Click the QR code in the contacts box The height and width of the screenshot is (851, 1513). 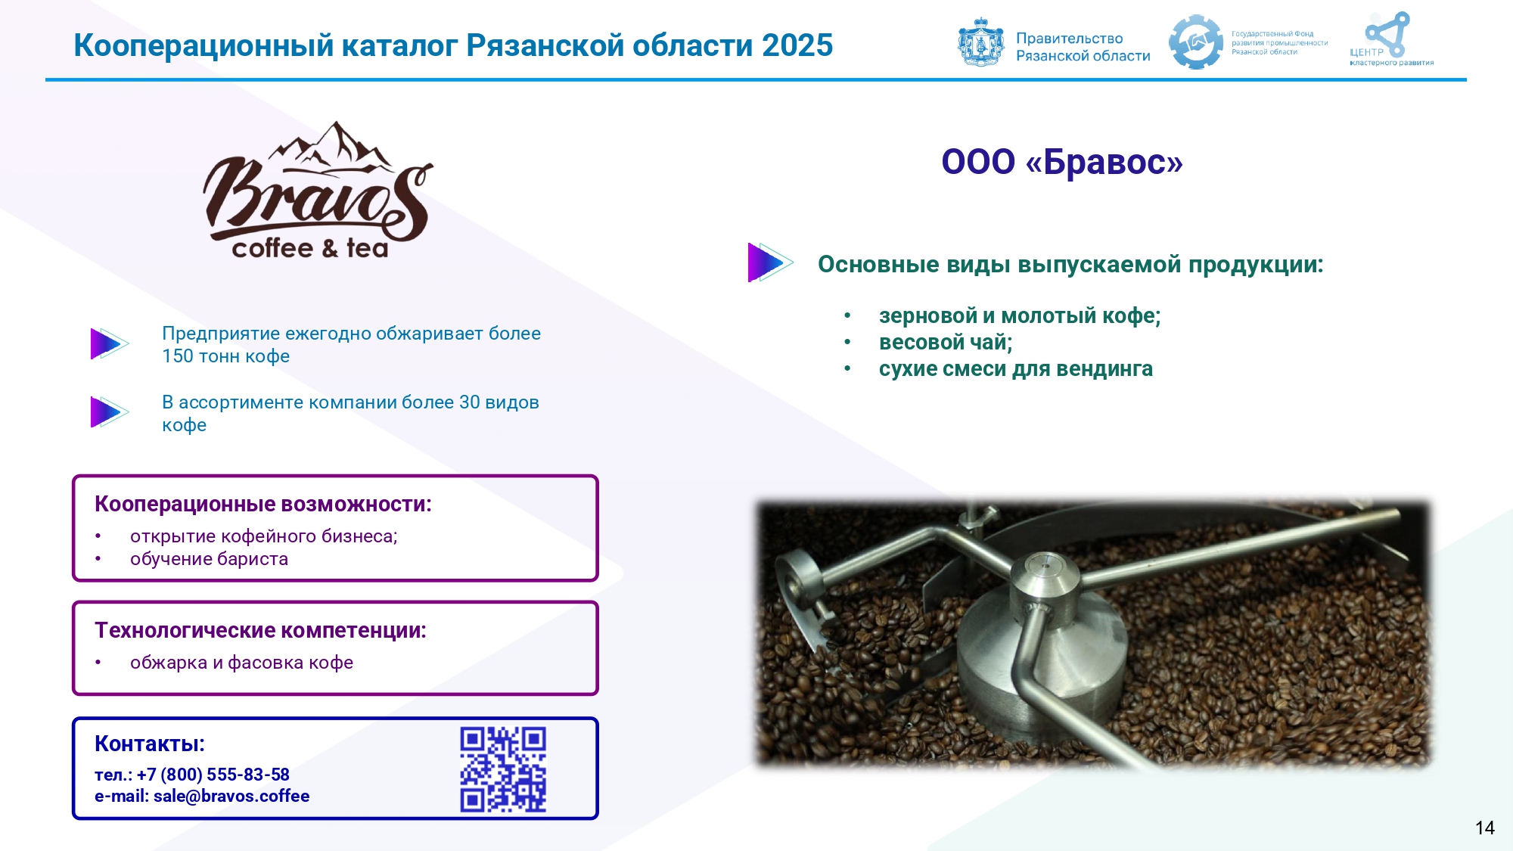tap(503, 769)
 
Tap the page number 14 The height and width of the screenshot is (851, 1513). tap(1484, 828)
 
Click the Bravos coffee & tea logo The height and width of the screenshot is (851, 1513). tap(318, 191)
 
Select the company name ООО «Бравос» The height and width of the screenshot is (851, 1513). tap(1062, 161)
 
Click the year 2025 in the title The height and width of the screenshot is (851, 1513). tap(797, 45)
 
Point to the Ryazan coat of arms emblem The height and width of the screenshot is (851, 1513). tap(980, 42)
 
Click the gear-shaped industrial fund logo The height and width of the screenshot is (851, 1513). tap(1195, 42)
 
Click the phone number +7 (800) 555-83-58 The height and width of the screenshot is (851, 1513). tap(213, 775)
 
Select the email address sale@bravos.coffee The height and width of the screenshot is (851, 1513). tap(231, 796)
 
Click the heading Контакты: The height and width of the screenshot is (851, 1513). tap(150, 744)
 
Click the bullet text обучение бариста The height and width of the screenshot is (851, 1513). tap(209, 559)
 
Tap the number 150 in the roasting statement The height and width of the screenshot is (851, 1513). tap(177, 356)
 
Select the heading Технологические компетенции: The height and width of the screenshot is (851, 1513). tap(260, 630)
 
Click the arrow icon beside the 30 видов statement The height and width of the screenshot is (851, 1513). tap(109, 412)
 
